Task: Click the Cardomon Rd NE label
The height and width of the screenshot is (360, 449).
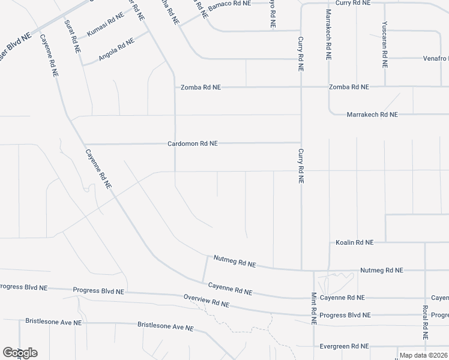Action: [192, 144]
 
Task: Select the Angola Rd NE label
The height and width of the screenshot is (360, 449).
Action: [116, 47]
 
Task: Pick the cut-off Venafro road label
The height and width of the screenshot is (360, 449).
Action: [436, 59]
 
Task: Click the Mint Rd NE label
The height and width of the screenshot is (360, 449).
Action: [313, 308]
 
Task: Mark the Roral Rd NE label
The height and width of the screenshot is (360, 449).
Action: [424, 321]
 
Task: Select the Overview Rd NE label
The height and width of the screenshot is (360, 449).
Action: [206, 301]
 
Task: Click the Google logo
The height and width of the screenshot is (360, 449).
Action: [20, 353]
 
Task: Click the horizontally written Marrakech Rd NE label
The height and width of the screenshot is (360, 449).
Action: [372, 114]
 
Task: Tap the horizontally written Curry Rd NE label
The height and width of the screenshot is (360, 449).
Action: [353, 3]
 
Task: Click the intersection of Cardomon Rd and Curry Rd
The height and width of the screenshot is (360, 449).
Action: [301, 143]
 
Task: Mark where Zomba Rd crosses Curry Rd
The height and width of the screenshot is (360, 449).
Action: [301, 87]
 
